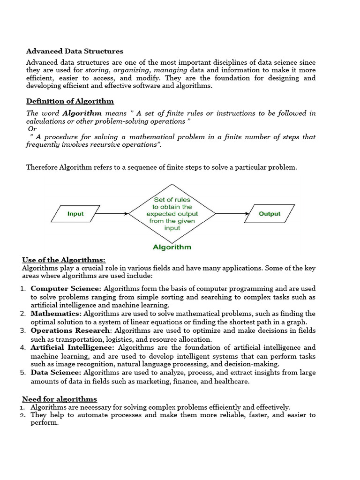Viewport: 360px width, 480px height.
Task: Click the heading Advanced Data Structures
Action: click(75, 51)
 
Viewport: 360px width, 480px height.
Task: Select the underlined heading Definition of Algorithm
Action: click(70, 101)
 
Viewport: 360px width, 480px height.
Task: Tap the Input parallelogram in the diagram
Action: click(75, 214)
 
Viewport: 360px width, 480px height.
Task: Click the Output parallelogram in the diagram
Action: click(270, 214)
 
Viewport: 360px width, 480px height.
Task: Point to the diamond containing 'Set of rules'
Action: click(172, 214)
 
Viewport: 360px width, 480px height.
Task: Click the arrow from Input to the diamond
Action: click(112, 214)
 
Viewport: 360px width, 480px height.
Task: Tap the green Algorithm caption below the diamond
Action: click(172, 247)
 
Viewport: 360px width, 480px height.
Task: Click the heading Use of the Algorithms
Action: click(64, 260)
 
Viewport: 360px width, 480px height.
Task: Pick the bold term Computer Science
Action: click(66, 289)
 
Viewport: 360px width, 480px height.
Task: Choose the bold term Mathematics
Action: click(56, 314)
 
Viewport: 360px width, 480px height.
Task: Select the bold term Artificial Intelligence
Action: click(72, 347)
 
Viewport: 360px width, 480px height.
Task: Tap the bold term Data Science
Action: click(56, 373)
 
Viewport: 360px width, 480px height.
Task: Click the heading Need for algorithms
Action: click(60, 399)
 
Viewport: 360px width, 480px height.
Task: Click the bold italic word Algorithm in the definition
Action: click(82, 113)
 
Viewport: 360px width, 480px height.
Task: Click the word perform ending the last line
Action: click(44, 422)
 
